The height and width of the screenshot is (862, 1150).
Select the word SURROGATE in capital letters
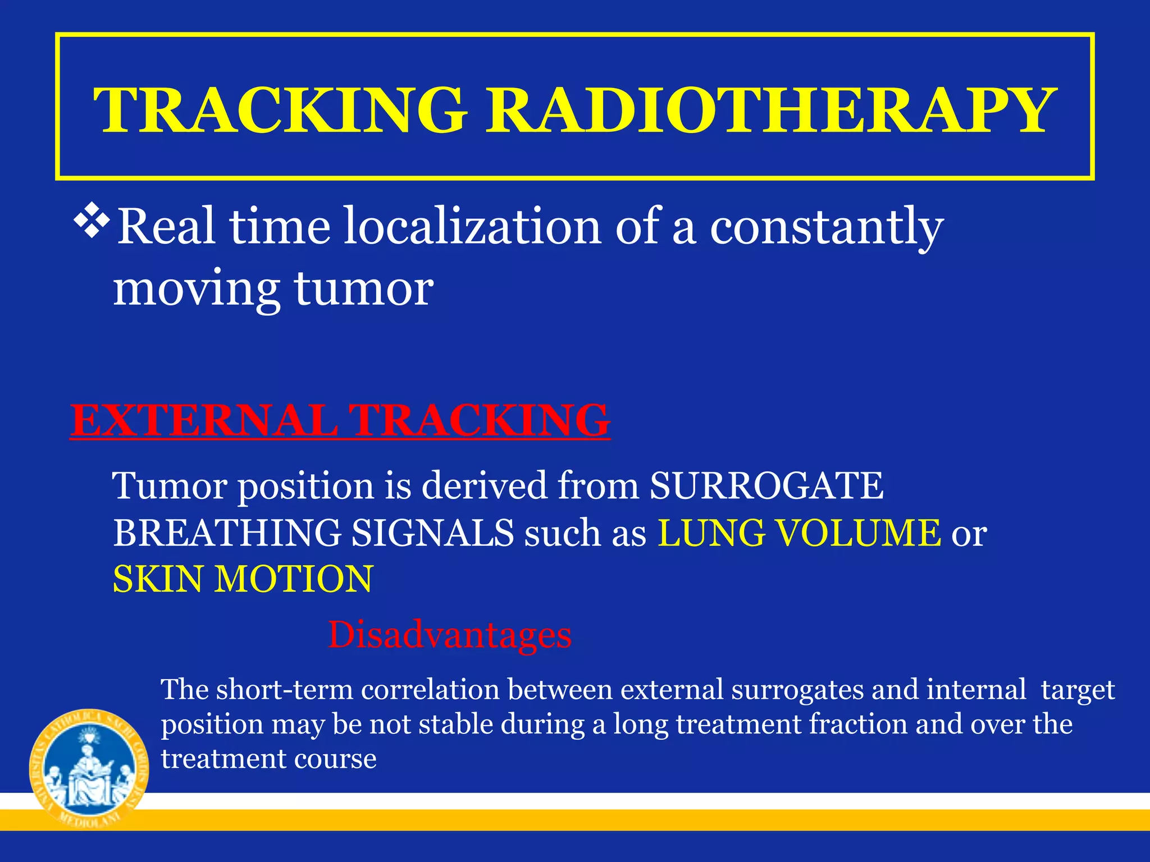[766, 485]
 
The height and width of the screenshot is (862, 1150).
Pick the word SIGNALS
[432, 533]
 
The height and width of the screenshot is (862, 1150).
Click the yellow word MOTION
[294, 579]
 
